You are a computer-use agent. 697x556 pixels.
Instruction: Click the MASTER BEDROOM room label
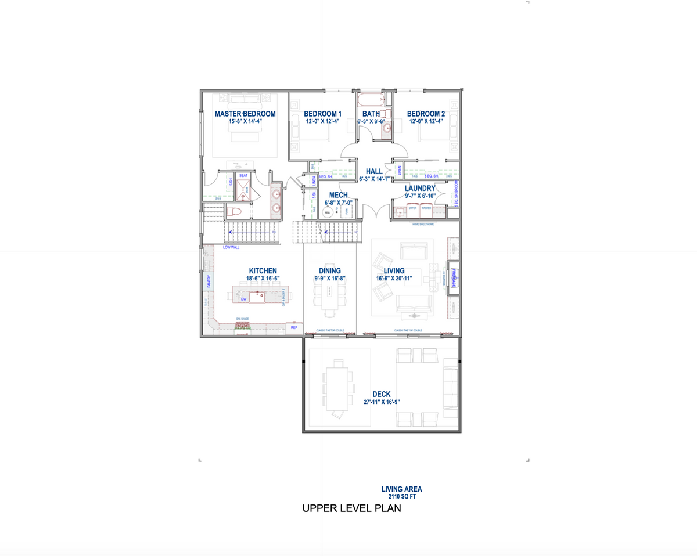click(245, 114)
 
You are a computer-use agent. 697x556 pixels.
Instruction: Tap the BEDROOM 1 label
click(323, 114)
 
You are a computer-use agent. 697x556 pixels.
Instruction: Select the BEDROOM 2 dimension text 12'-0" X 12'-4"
click(426, 122)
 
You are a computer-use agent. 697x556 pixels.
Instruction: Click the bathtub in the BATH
click(375, 99)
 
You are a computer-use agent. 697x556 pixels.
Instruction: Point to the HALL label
click(374, 171)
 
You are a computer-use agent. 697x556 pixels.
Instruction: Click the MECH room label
click(339, 195)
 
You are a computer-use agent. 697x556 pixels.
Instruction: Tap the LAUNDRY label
click(420, 189)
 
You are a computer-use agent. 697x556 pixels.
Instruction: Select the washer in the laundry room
click(426, 212)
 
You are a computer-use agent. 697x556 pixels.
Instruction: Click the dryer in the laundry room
click(413, 212)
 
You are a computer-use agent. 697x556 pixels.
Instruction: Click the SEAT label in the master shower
click(243, 175)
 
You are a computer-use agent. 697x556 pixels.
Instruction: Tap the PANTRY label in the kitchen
click(209, 281)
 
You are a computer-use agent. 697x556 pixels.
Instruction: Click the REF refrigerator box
click(294, 328)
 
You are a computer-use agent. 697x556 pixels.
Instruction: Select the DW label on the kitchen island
click(243, 299)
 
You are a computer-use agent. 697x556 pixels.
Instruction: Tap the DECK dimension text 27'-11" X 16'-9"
click(382, 402)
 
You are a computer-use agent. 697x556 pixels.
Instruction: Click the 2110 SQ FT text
click(401, 497)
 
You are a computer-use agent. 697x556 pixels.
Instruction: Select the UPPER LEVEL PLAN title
click(352, 509)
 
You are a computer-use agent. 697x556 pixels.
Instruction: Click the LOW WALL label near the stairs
click(231, 247)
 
